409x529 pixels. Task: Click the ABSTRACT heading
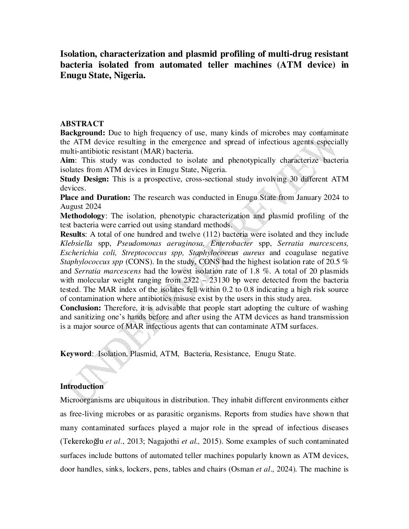coord(82,124)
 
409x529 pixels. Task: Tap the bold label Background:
coord(82,133)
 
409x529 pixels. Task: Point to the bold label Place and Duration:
coord(95,197)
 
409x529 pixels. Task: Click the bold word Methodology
coord(82,216)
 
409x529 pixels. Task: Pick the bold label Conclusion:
coord(80,308)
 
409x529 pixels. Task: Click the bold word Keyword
coord(76,354)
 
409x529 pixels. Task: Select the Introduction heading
coord(82,386)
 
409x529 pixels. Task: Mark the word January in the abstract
coord(316,197)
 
